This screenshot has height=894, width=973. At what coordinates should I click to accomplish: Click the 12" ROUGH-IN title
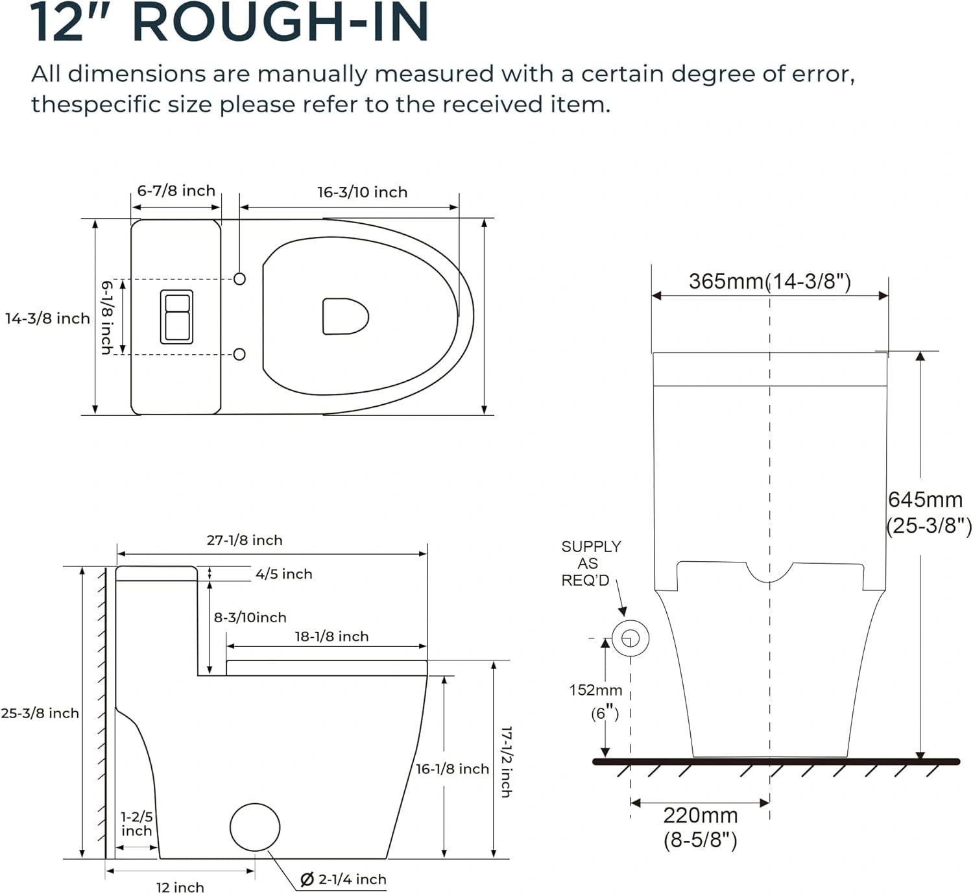(229, 23)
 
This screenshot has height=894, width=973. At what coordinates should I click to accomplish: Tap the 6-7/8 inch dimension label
(176, 191)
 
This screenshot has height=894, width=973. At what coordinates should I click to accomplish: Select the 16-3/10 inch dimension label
(362, 192)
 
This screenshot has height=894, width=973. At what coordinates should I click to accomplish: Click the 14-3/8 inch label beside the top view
(47, 319)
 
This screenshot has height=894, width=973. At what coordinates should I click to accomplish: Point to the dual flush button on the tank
(176, 317)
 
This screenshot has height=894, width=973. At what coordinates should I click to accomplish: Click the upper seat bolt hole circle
(239, 279)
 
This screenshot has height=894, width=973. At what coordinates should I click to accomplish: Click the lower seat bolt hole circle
(239, 354)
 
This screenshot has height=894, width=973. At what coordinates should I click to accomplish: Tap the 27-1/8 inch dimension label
(245, 540)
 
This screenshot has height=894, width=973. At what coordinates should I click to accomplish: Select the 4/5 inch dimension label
(283, 574)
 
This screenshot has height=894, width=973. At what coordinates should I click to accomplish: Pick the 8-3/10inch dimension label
(250, 618)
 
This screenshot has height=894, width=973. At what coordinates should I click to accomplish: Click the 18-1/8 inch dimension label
(331, 636)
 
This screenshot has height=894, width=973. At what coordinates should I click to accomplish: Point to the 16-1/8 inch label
(452, 769)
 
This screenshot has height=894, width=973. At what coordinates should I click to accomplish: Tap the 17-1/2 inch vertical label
(506, 762)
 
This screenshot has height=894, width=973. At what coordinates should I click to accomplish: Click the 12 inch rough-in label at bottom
(180, 887)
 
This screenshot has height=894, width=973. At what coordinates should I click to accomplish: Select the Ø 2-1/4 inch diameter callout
(343, 880)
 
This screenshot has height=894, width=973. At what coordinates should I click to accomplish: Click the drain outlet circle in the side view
(255, 827)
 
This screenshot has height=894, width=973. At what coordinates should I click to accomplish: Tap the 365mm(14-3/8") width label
(769, 282)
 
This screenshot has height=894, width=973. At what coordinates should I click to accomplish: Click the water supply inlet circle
(631, 638)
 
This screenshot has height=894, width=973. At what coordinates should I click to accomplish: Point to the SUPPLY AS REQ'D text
(590, 563)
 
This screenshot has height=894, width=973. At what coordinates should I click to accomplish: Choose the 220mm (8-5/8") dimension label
(700, 827)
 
